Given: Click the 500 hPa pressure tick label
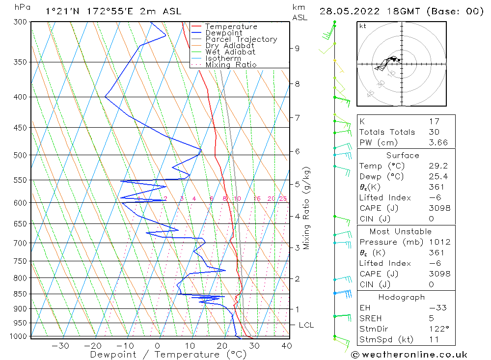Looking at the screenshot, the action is coord(20,155).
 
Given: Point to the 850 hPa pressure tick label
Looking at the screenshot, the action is coord(20,294).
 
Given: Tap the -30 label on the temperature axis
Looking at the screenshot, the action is coord(60,346).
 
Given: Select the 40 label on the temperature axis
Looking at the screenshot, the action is coord(287,346).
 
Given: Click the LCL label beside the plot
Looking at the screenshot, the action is coord(306,325).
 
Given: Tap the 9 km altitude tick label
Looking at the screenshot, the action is coord(297,49).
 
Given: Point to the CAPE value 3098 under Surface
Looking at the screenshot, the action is coord(439,208).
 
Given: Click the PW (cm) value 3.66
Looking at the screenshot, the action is coord(438,142).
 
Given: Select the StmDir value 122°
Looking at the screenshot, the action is coord(439,329).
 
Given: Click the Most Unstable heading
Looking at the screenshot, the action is coord(401,231).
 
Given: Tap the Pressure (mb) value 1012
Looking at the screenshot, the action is coord(439,242).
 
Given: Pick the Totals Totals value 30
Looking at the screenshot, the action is coord(434,132).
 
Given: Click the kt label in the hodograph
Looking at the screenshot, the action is coord(363,26).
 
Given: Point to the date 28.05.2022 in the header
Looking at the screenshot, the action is coord(350,11).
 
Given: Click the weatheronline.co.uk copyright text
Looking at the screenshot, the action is coord(409,355).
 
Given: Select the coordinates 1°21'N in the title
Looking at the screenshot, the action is coord(62,11).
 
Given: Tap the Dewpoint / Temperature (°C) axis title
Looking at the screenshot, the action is coord(168,355).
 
